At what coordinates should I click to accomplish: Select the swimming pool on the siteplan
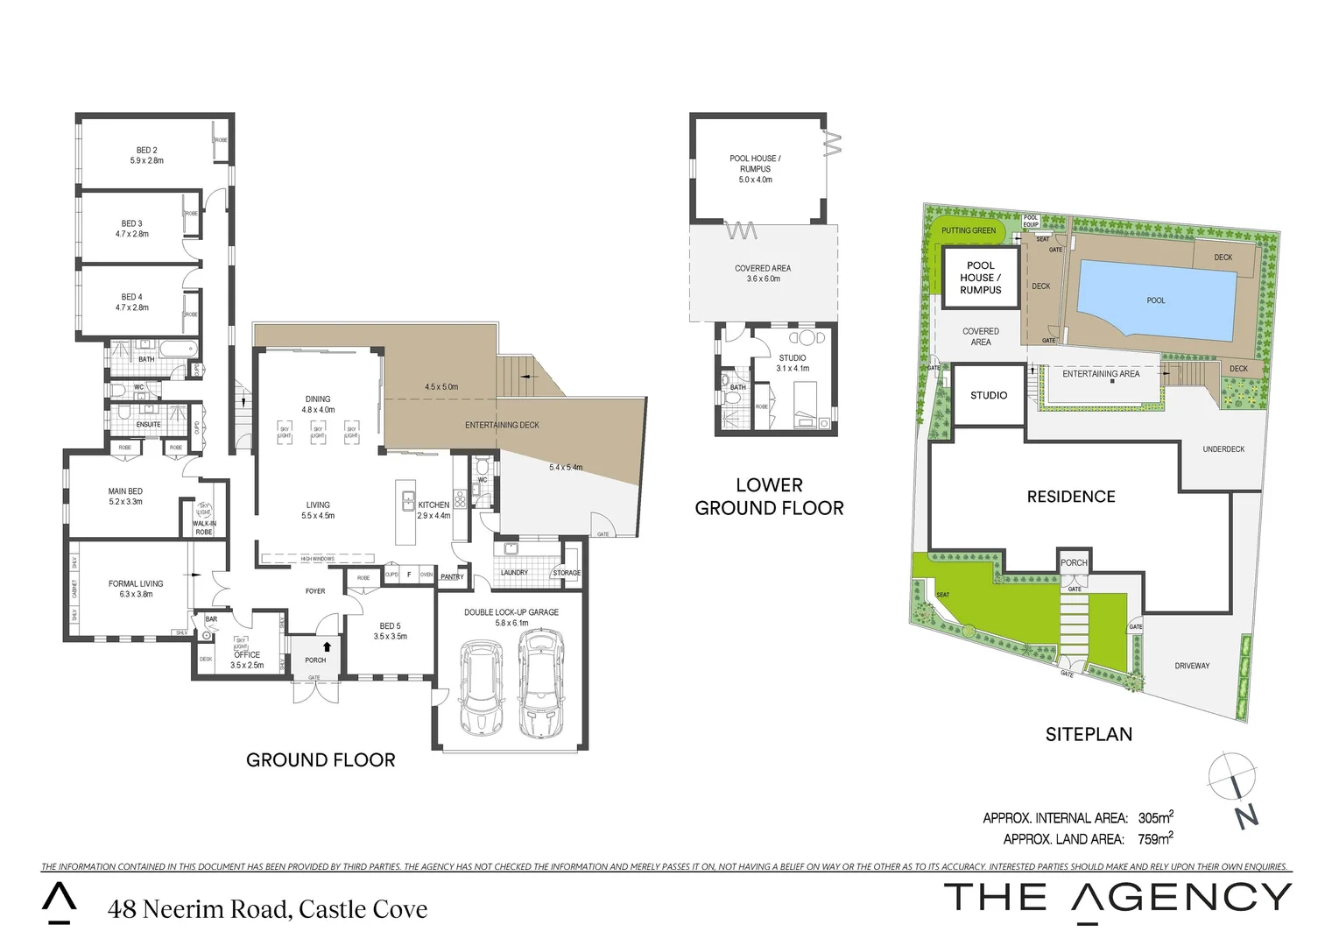tap(1156, 300)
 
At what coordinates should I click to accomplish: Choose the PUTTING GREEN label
tap(969, 231)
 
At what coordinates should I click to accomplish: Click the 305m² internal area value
tap(1155, 818)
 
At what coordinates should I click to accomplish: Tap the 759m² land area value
tap(1155, 839)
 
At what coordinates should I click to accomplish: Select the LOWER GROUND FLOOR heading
tap(769, 497)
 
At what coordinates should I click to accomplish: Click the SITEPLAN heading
tap(1089, 735)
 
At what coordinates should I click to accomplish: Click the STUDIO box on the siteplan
tap(989, 396)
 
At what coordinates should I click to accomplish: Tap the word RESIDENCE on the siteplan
tap(1071, 497)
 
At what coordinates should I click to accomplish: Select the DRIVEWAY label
tap(1192, 666)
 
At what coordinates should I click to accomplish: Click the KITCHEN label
tap(433, 505)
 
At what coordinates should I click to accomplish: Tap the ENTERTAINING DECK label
tap(502, 426)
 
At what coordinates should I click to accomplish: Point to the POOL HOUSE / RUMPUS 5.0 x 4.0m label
tap(755, 169)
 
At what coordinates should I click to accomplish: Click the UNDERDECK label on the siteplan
tap(1223, 449)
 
